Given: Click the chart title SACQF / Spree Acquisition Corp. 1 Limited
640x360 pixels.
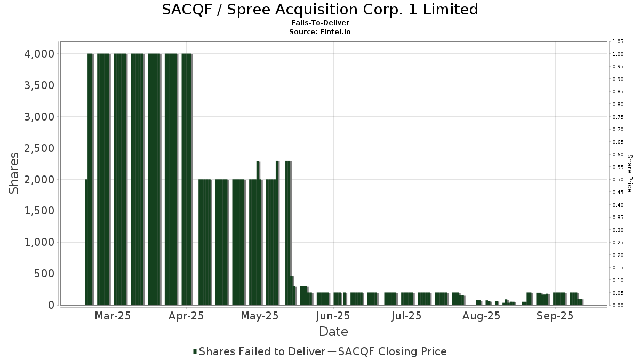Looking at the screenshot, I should click(320, 10).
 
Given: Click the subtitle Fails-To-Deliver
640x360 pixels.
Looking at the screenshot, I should click(320, 23).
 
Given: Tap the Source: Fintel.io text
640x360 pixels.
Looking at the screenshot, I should click(320, 32).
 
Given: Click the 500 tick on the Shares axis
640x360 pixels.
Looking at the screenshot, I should click(44, 274).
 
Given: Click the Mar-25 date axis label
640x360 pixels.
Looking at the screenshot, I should click(113, 316).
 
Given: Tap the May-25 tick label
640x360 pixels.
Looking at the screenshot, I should click(260, 316).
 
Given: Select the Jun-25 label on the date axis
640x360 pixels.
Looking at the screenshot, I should click(333, 316).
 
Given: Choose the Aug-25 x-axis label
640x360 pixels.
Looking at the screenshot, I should click(481, 316).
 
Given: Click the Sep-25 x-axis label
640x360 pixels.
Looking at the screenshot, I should click(555, 316).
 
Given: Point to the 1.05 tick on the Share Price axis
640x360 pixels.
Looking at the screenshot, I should click(618, 42).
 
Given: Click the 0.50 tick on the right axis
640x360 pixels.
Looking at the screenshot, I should click(618, 180).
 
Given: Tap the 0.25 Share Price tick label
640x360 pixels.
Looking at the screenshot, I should click(618, 243).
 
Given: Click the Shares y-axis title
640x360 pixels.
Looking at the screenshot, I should click(14, 173).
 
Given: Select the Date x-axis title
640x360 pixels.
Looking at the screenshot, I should click(333, 332).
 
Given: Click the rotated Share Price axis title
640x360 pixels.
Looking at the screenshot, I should click(629, 173).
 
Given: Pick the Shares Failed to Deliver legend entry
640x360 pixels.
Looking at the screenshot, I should click(259, 351).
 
